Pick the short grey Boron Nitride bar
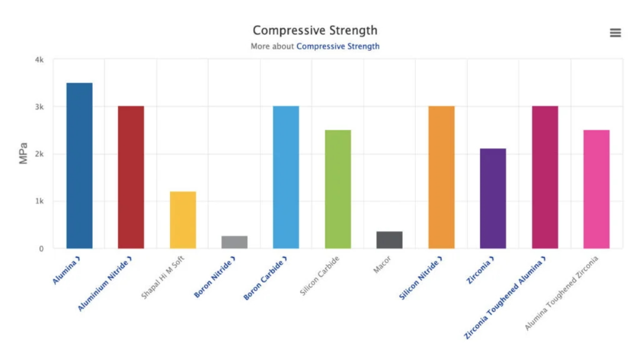(x=234, y=242)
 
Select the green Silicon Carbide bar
(x=338, y=189)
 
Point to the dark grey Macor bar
(x=390, y=240)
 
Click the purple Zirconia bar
(x=493, y=198)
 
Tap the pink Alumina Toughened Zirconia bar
(x=597, y=189)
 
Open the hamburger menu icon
(x=615, y=33)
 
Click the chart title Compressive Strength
(x=315, y=30)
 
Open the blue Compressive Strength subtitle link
(x=338, y=46)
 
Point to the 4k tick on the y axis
(x=39, y=60)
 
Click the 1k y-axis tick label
(x=39, y=201)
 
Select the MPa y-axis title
(x=24, y=154)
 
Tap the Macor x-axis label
(x=382, y=265)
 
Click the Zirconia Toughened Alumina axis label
(x=505, y=297)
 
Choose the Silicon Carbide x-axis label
(x=320, y=276)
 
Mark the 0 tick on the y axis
(x=41, y=249)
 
